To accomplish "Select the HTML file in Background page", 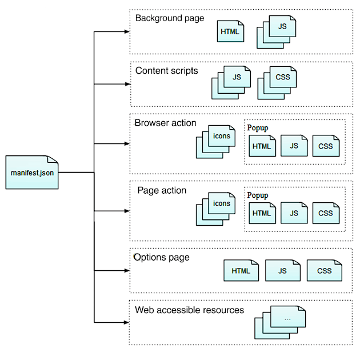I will pyautogui.click(x=230, y=31).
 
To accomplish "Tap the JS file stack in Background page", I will pyautogui.click(x=278, y=32).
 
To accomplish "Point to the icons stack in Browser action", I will pyautogui.click(x=217, y=141).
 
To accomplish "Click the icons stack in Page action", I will pyautogui.click(x=217, y=208).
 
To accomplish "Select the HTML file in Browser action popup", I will pyautogui.click(x=262, y=146).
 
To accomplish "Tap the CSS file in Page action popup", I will pyautogui.click(x=326, y=213).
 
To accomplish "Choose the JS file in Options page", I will pyautogui.click(x=283, y=271).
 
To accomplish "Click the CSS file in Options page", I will pyautogui.click(x=324, y=271).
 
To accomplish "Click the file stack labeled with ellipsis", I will pyautogui.click(x=282, y=322).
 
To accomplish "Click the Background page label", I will pyautogui.click(x=169, y=18).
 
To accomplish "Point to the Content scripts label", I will pyautogui.click(x=166, y=71).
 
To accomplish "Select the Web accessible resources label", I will pyautogui.click(x=189, y=310).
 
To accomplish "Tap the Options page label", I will pyautogui.click(x=161, y=258).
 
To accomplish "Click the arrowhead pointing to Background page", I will pyautogui.click(x=127, y=31).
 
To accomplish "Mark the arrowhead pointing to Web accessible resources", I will pyautogui.click(x=127, y=321).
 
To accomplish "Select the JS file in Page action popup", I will pyautogui.click(x=294, y=213).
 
